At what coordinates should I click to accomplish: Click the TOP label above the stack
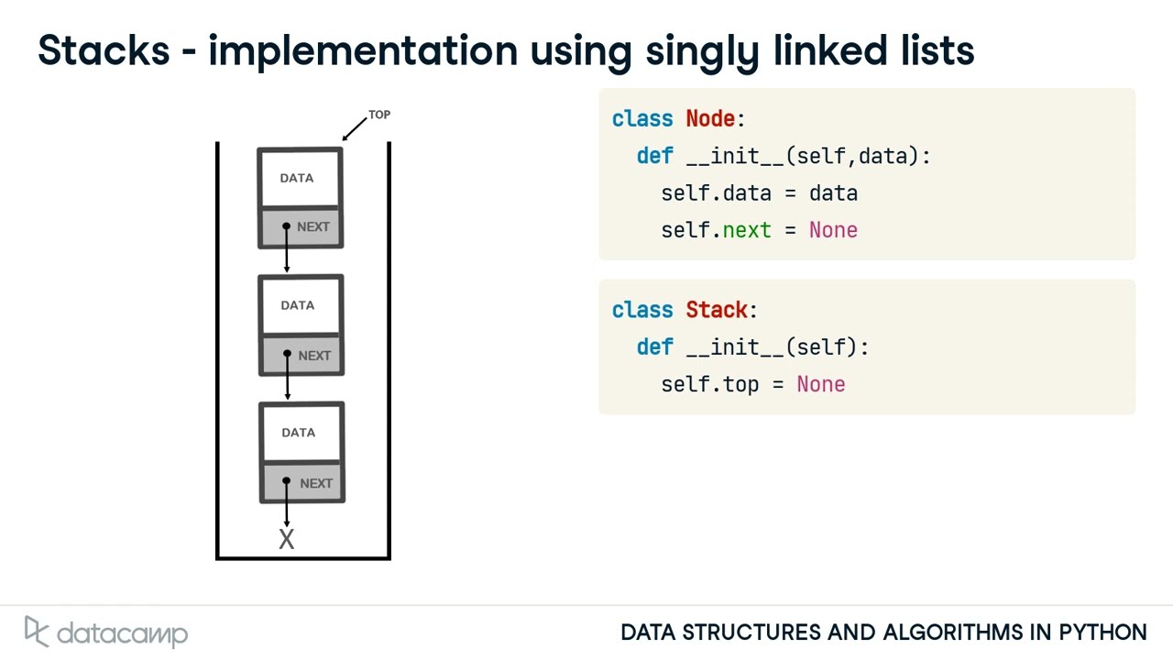click(x=379, y=115)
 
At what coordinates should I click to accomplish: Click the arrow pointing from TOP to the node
click(x=355, y=129)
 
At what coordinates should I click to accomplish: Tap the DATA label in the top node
click(x=297, y=178)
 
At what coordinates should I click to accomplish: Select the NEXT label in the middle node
click(x=314, y=356)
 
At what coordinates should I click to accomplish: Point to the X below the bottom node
click(x=287, y=540)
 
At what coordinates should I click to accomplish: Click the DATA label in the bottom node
click(x=298, y=433)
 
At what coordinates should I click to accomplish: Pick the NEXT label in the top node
click(x=313, y=227)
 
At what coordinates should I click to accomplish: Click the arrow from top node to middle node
click(x=287, y=252)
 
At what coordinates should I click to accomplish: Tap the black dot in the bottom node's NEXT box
click(x=287, y=481)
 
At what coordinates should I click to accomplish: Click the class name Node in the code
click(x=710, y=119)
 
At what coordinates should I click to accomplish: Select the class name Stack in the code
click(x=717, y=310)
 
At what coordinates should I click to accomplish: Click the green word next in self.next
click(x=747, y=230)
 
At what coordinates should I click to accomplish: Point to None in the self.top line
click(x=820, y=384)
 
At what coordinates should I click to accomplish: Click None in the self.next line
click(x=833, y=230)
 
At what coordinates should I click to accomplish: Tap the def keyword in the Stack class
click(x=654, y=347)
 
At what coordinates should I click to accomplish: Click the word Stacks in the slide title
click(x=104, y=50)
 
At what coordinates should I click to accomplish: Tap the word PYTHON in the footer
click(x=1102, y=632)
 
